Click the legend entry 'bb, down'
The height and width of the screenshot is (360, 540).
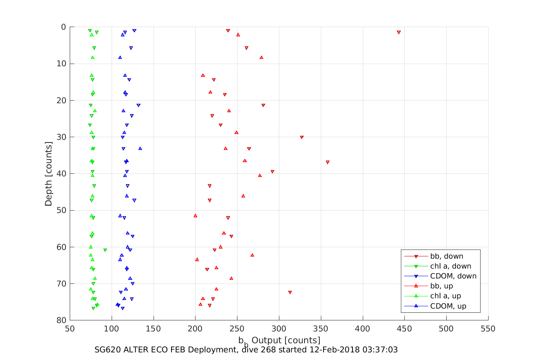[447, 256]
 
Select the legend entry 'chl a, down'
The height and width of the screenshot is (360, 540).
[450, 266]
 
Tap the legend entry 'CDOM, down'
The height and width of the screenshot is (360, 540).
[453, 276]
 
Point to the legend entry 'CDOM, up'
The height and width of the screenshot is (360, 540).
[448, 306]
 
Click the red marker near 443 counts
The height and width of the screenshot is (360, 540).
[399, 32]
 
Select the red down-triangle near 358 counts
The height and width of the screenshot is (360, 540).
[328, 162]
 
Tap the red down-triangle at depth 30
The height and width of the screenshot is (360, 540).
[302, 137]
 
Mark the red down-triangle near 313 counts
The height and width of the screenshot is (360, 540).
[290, 293]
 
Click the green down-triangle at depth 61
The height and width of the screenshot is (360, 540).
[105, 250]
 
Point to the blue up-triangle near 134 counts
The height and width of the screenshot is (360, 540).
[140, 149]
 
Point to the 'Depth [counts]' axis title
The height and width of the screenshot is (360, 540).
[48, 174]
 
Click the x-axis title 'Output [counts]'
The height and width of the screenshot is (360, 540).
[286, 340]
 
